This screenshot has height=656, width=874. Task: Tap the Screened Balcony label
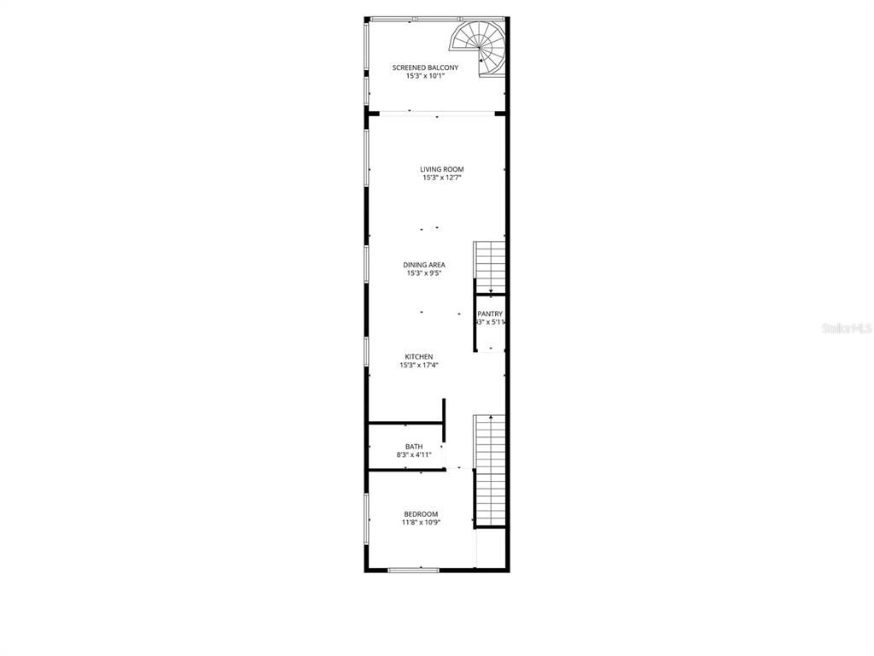click(x=425, y=67)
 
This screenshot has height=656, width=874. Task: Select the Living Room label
click(x=442, y=169)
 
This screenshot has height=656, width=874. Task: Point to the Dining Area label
click(x=424, y=265)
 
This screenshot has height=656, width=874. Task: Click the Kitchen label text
click(x=419, y=356)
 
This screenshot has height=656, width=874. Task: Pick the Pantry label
click(x=490, y=313)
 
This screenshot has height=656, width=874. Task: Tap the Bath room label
click(x=414, y=446)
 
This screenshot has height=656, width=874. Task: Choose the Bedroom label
click(x=421, y=514)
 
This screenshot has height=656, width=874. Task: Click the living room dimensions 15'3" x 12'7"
click(x=442, y=179)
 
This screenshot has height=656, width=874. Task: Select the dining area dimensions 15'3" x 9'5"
click(x=424, y=273)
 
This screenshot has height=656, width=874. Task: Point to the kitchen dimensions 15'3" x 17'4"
click(x=419, y=366)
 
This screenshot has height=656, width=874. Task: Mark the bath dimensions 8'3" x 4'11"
click(x=414, y=455)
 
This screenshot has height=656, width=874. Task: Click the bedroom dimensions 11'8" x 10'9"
click(x=421, y=523)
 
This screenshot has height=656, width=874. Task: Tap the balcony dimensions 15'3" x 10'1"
click(x=425, y=76)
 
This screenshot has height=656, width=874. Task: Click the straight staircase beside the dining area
click(x=491, y=266)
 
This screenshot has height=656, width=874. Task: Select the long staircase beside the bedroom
click(x=491, y=470)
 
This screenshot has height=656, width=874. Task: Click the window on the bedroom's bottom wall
click(x=414, y=569)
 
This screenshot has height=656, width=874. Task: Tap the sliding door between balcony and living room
click(x=437, y=113)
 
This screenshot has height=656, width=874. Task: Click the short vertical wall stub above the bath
click(x=444, y=410)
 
